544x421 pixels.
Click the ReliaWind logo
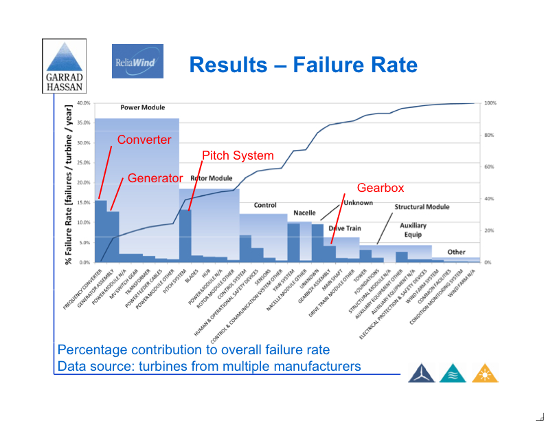137,61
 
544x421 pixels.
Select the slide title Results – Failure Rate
303,65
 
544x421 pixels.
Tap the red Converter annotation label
144,140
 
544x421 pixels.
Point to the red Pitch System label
238,155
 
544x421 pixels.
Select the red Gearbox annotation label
381,187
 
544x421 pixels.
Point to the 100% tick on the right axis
490,103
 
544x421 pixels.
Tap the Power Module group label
140,108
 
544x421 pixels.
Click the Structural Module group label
422,206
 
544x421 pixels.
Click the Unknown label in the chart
358,203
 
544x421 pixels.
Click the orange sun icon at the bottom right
485,372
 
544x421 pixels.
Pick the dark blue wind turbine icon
421,372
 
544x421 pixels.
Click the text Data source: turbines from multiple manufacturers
209,366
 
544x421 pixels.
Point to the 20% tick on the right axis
489,230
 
